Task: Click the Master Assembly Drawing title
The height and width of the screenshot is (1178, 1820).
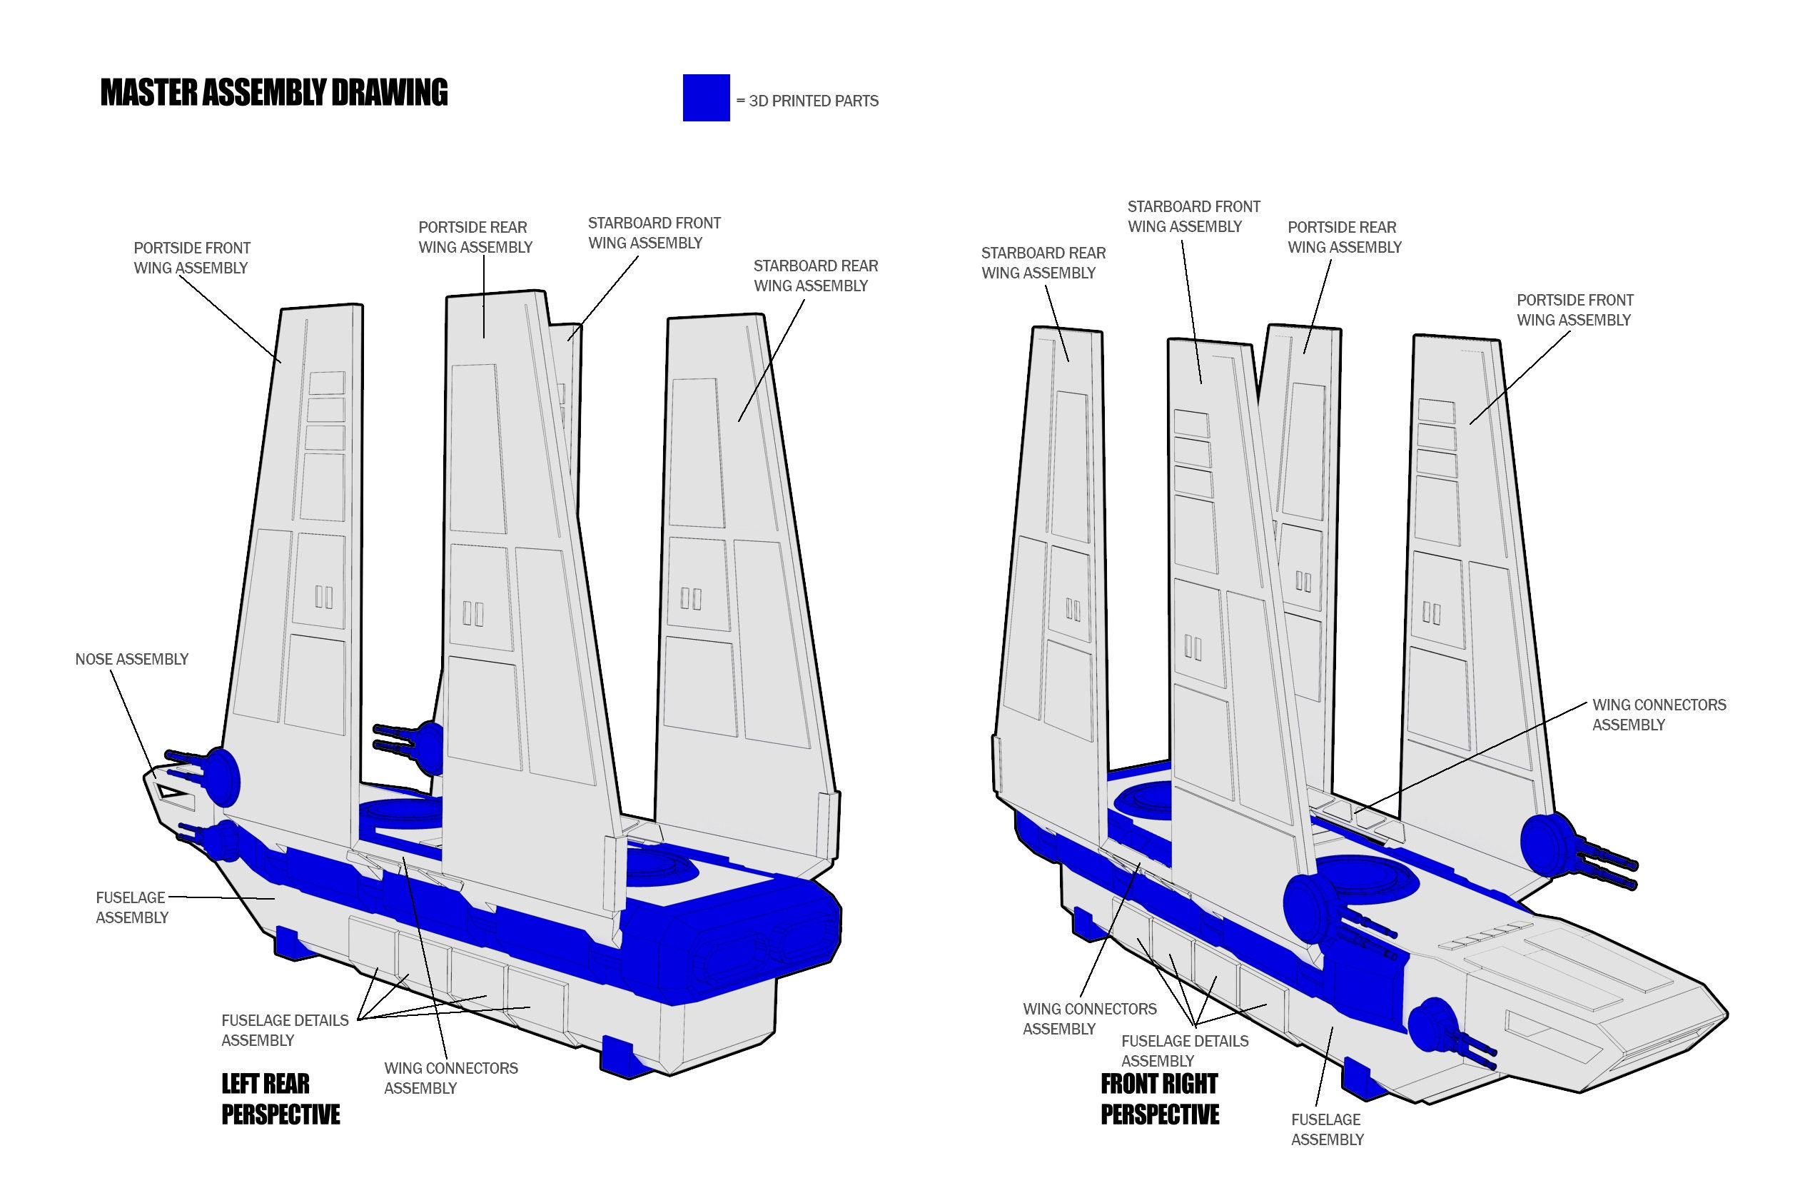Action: tap(274, 93)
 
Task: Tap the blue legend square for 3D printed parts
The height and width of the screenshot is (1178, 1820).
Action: tap(706, 98)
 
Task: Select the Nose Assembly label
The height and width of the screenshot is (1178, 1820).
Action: tap(131, 660)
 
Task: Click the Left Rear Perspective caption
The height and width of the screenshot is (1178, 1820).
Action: tap(280, 1099)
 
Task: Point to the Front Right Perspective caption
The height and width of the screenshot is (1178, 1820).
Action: tap(1159, 1099)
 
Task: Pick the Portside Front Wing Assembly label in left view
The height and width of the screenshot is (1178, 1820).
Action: tap(191, 258)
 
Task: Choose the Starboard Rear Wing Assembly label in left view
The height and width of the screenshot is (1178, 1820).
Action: tap(815, 276)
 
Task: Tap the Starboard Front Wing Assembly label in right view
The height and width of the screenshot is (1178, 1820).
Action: tap(1193, 216)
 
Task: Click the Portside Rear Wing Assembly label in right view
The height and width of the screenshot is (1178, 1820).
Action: tap(1343, 237)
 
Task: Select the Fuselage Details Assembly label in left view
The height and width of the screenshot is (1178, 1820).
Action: tap(285, 1030)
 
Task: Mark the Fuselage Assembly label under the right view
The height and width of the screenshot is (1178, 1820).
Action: tap(1327, 1129)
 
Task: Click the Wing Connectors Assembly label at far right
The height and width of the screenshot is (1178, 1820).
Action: tap(1659, 715)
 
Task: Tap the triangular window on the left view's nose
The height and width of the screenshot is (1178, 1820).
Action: tap(173, 793)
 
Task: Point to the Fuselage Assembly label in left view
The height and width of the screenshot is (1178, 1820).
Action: tap(131, 907)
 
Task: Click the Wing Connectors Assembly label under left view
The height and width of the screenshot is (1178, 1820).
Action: tap(450, 1078)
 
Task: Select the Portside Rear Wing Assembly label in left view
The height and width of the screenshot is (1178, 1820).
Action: tap(475, 237)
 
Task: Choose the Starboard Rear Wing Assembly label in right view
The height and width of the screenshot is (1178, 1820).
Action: tap(1042, 263)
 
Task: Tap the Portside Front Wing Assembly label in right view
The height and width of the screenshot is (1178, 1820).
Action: tap(1574, 310)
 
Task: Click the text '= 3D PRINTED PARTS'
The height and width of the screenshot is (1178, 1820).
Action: tap(807, 101)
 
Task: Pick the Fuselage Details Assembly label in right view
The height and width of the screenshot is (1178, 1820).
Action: tap(1184, 1050)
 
